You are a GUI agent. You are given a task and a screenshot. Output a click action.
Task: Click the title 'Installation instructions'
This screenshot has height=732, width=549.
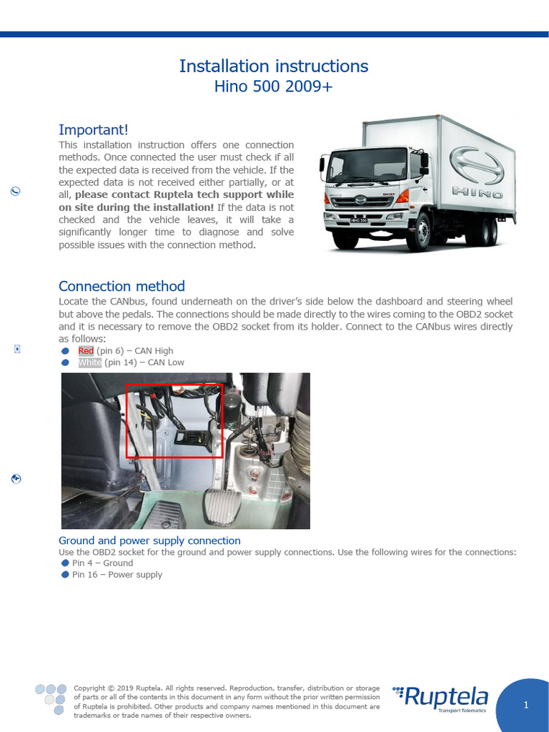click(274, 66)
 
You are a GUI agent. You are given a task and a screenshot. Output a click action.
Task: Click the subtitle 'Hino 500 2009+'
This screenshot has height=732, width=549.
click(274, 87)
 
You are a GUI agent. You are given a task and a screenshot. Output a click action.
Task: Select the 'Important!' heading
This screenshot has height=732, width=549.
click(94, 129)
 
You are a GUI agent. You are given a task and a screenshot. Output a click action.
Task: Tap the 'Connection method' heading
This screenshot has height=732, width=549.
click(122, 286)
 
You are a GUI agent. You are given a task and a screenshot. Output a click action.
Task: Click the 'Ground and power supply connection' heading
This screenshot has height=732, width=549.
click(149, 540)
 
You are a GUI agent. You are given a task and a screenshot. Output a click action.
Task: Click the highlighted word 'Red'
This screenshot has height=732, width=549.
click(86, 351)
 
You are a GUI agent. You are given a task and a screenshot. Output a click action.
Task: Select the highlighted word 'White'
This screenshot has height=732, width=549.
click(89, 362)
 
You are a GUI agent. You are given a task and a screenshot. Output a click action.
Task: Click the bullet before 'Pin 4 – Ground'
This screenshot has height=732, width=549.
click(66, 563)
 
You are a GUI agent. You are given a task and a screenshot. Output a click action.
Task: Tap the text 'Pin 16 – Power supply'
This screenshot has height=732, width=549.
click(117, 575)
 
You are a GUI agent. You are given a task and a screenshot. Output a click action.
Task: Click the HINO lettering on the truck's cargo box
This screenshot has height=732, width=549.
click(478, 193)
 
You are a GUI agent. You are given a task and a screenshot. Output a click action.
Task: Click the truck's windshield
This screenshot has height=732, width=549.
click(357, 166)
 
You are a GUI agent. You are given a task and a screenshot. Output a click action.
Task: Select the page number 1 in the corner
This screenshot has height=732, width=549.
click(525, 706)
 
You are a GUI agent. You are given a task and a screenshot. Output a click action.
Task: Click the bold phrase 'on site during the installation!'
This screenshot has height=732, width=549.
click(137, 207)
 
